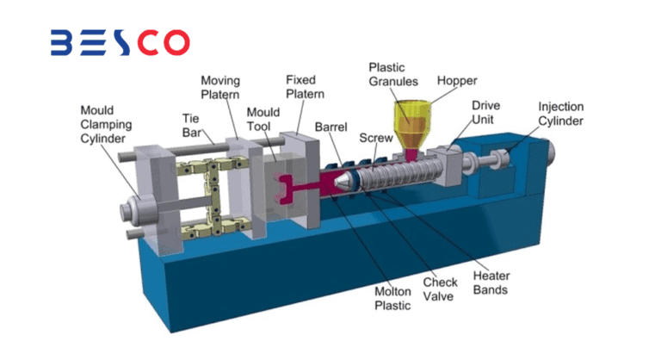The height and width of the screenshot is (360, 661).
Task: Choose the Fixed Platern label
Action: (306, 86)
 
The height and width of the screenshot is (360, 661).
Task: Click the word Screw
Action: (376, 137)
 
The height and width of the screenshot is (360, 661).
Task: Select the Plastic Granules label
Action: (392, 73)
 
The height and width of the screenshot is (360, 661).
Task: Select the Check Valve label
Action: (440, 289)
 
